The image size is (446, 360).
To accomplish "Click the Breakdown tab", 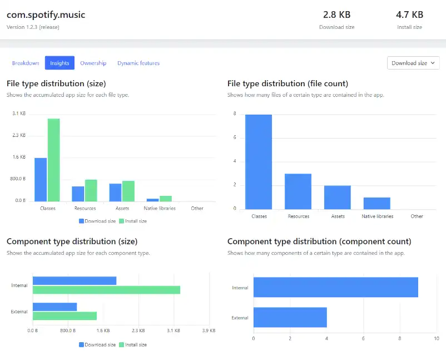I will click(x=26, y=63).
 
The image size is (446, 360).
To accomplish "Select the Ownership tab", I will click(x=93, y=63).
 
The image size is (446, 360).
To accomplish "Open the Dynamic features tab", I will click(x=138, y=63).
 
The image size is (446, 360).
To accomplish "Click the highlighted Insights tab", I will click(x=60, y=63).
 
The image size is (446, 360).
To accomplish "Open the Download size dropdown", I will click(x=413, y=63).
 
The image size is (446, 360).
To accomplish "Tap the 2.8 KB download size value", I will click(x=336, y=14).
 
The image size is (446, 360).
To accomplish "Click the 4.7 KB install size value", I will click(x=409, y=14).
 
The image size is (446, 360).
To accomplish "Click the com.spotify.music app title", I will click(x=46, y=14).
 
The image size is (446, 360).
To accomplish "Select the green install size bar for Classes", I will click(x=53, y=160).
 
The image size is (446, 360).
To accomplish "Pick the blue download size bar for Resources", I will click(x=78, y=194).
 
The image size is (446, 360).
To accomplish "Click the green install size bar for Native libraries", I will click(x=166, y=199).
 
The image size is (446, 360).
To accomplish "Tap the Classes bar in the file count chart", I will click(x=259, y=161).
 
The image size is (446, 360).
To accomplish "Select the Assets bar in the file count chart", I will click(x=338, y=197).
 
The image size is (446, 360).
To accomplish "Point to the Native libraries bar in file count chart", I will click(x=377, y=203).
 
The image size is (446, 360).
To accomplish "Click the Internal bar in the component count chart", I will click(x=335, y=287).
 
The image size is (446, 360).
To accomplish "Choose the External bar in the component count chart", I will click(x=290, y=317).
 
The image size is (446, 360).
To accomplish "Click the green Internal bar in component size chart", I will click(x=106, y=290).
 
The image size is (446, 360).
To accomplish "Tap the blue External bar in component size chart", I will click(x=54, y=307).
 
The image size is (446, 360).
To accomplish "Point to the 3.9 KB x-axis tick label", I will click(x=209, y=331).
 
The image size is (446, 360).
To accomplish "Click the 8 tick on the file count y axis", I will click(x=235, y=114).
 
